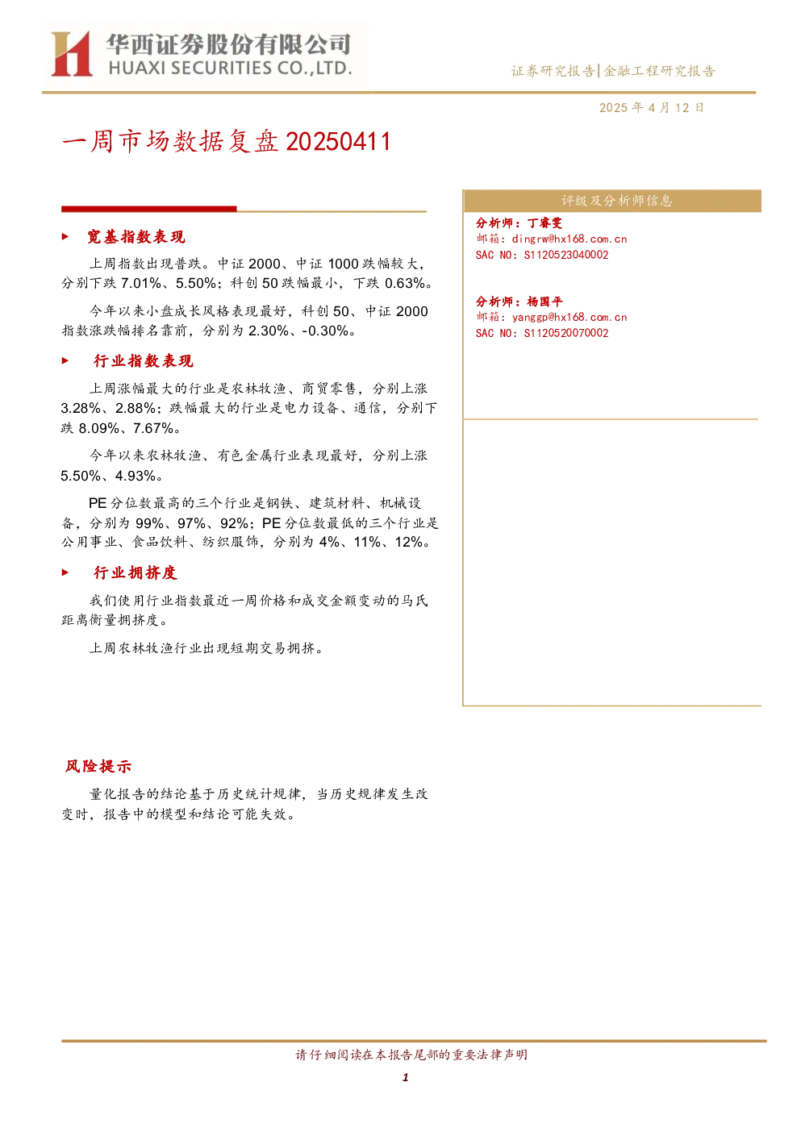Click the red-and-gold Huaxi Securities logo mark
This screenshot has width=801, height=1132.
(x=72, y=53)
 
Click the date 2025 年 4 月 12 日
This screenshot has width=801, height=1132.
(x=651, y=108)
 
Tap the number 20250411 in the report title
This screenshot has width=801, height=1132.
(x=338, y=142)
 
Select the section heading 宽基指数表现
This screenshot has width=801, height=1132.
(x=136, y=236)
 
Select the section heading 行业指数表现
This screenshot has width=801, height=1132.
(x=143, y=360)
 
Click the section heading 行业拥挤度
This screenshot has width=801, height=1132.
(x=135, y=572)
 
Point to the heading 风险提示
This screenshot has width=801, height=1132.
(x=98, y=766)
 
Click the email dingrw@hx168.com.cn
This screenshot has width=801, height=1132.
(x=569, y=239)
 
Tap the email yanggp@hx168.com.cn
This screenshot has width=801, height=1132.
(x=569, y=318)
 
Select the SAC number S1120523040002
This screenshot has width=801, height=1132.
(x=565, y=256)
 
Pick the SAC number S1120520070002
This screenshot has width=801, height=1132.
(x=565, y=333)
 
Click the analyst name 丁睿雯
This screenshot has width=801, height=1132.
(x=544, y=223)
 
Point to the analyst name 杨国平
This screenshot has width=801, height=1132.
(x=544, y=302)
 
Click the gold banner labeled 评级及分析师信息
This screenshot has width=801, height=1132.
(x=612, y=201)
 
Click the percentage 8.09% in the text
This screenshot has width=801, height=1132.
(x=99, y=429)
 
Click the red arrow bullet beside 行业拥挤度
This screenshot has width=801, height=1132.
(x=65, y=572)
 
